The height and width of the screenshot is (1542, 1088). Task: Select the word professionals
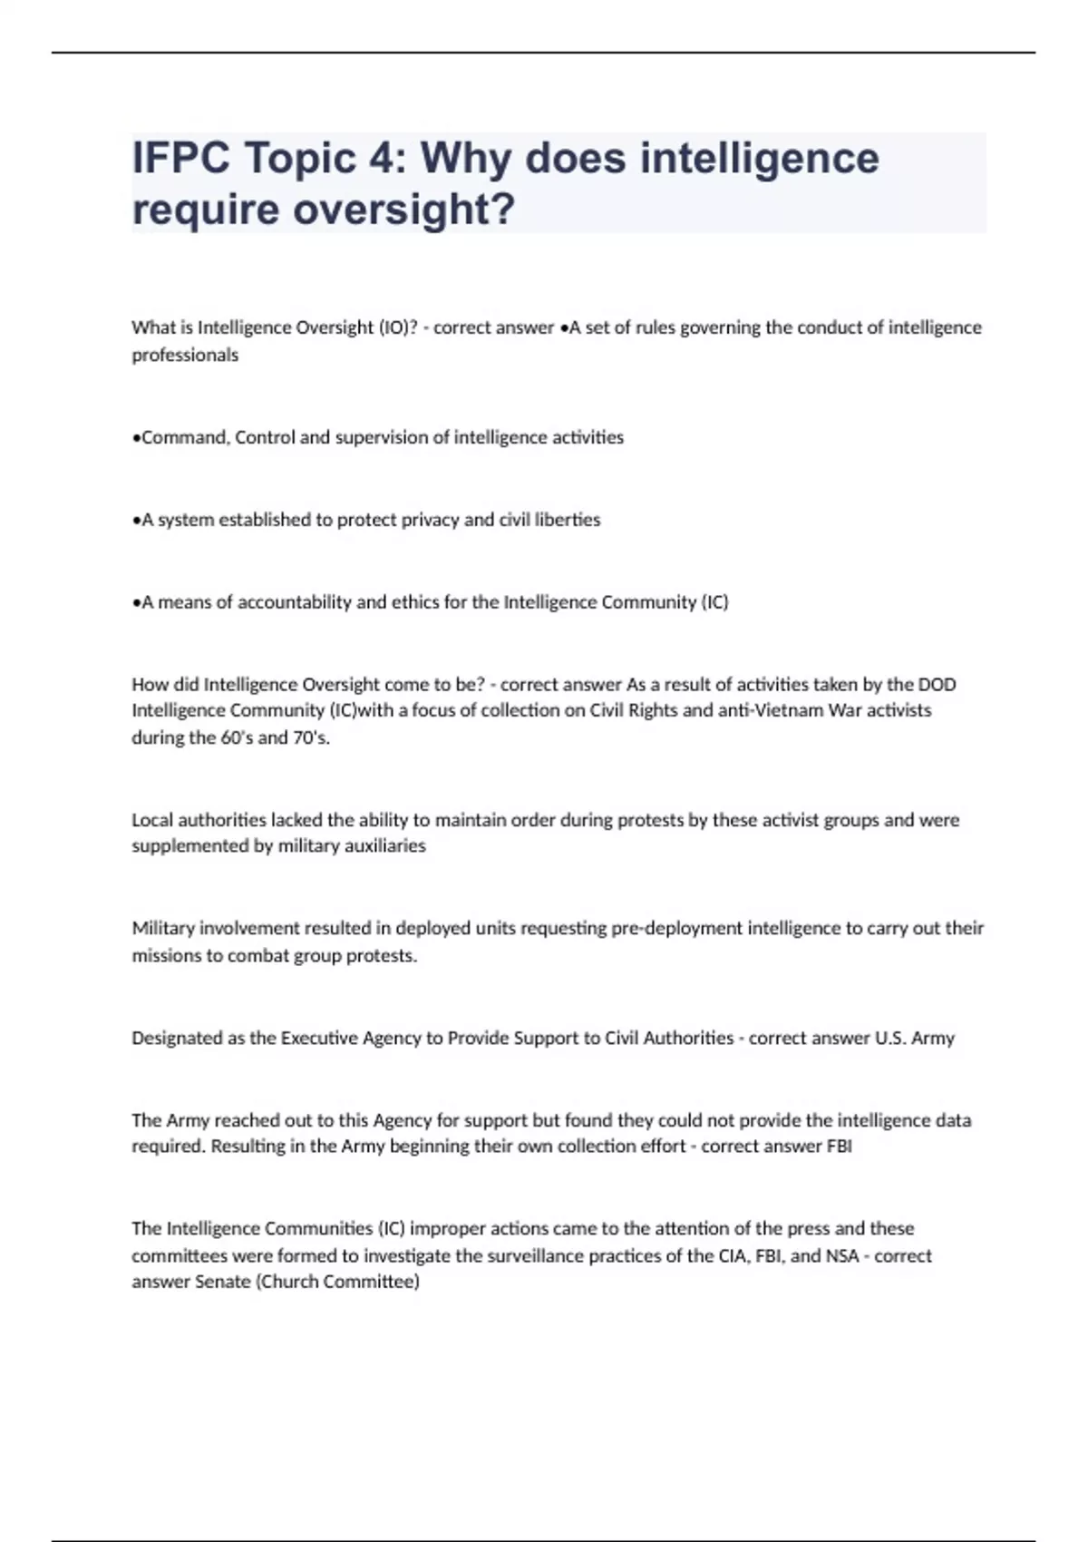click(x=185, y=356)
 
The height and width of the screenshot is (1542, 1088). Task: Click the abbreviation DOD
click(x=937, y=684)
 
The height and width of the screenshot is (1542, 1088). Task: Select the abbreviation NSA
click(x=841, y=1256)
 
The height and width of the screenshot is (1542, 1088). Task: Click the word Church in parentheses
click(x=293, y=1283)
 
